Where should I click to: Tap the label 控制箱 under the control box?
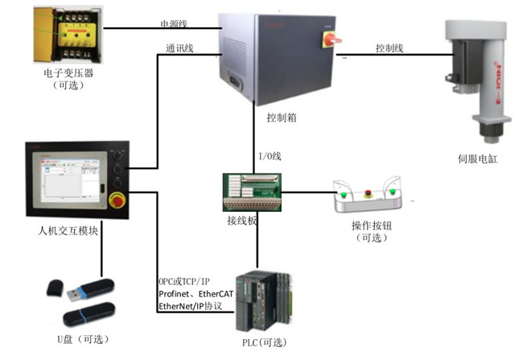click(x=282, y=118)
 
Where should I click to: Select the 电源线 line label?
click(x=175, y=24)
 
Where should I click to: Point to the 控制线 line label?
click(x=389, y=48)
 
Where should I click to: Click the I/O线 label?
click(x=270, y=155)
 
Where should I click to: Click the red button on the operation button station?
click(x=369, y=193)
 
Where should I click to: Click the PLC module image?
click(x=263, y=301)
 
